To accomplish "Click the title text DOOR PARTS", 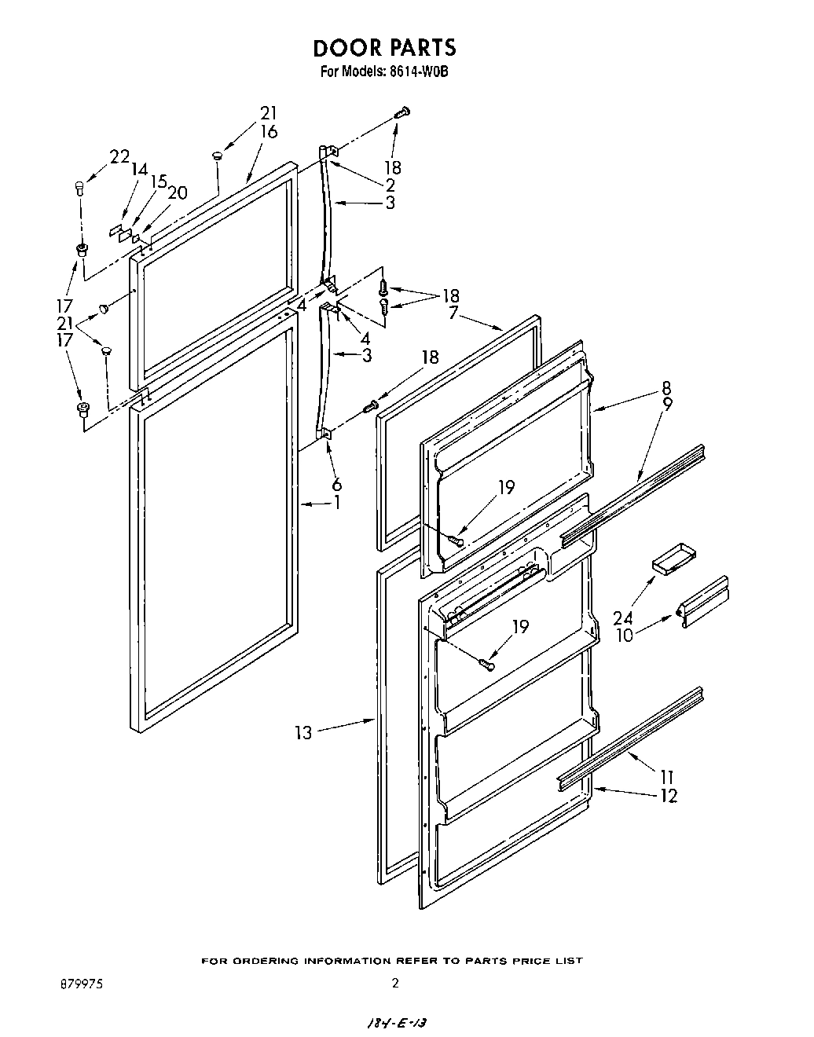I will [x=384, y=48].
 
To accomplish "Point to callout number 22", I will [x=119, y=156].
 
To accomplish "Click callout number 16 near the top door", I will [x=268, y=131].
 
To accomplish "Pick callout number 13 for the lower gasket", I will [x=303, y=732].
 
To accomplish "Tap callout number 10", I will [x=624, y=635].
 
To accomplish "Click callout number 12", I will [x=668, y=795].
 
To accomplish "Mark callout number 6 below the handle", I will [x=336, y=485].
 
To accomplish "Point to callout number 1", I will [x=337, y=503].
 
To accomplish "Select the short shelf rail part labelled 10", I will [x=704, y=603].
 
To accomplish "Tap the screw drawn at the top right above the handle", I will [x=401, y=112].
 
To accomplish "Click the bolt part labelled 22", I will [x=79, y=187].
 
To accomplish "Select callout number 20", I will [x=178, y=192].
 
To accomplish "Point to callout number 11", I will [x=668, y=779].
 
